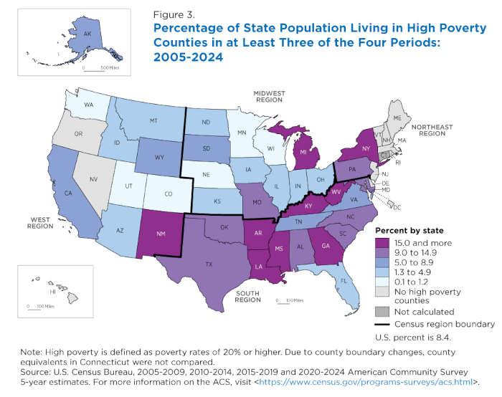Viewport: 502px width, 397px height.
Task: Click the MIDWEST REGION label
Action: (x=265, y=97)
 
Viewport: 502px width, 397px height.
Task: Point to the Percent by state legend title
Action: (x=409, y=231)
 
